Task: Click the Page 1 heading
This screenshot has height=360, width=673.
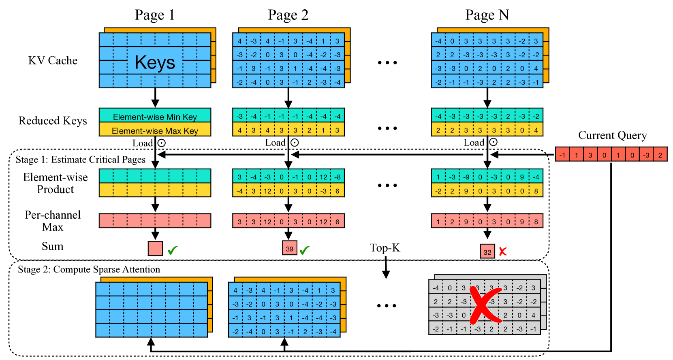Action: pyautogui.click(x=154, y=15)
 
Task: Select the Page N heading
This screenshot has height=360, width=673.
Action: pyautogui.click(x=487, y=15)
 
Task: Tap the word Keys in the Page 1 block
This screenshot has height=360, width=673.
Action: pyautogui.click(x=155, y=62)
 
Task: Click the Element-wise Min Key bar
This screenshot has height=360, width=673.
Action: pyautogui.click(x=155, y=117)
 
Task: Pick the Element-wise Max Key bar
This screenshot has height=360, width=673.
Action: pyautogui.click(x=155, y=131)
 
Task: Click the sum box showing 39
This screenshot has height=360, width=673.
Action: pyautogui.click(x=289, y=249)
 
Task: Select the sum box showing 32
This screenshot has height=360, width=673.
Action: pyautogui.click(x=487, y=252)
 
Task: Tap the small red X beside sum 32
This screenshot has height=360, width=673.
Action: pyautogui.click(x=503, y=251)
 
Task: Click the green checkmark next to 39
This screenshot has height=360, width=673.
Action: pyautogui.click(x=305, y=250)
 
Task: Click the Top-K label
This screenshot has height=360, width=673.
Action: pyautogui.click(x=385, y=248)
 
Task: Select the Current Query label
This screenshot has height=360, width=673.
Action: pyautogui.click(x=612, y=135)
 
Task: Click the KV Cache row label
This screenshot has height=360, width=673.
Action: pyautogui.click(x=53, y=61)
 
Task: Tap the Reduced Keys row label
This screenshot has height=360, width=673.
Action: pyautogui.click(x=53, y=121)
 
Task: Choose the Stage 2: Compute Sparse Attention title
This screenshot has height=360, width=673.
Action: pyautogui.click(x=89, y=269)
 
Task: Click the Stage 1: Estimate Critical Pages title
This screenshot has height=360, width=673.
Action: pyautogui.click(x=80, y=160)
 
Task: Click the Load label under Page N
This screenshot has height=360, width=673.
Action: pyautogui.click(x=474, y=143)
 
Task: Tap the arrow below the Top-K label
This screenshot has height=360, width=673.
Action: pyautogui.click(x=386, y=268)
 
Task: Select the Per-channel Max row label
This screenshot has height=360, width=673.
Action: pyautogui.click(x=53, y=221)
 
